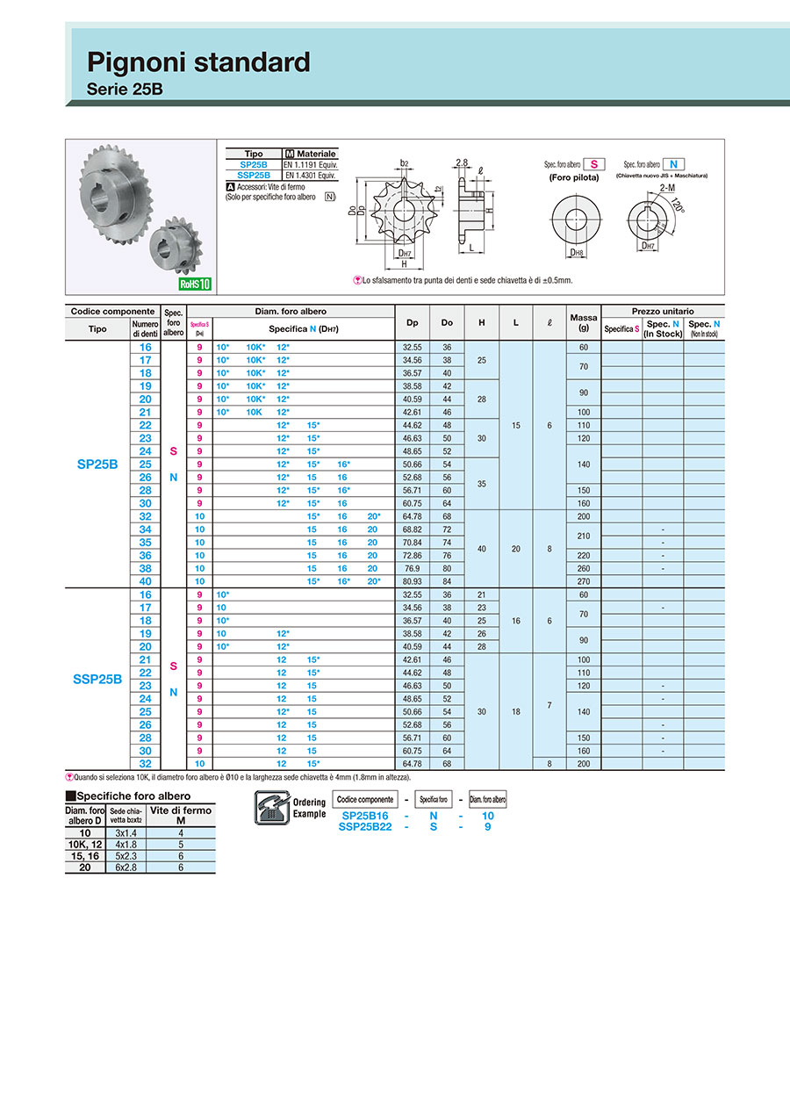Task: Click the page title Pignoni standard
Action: tap(198, 62)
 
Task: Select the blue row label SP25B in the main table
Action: tap(97, 464)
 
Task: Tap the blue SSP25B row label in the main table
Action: tap(97, 678)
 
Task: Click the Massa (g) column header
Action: tap(584, 323)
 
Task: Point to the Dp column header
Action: tap(413, 323)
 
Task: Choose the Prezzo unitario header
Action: tap(662, 311)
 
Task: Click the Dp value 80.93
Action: tap(413, 581)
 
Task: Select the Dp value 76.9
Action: tap(413, 568)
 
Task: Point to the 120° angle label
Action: tap(676, 205)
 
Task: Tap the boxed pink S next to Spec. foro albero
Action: tap(594, 164)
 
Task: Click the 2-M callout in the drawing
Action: tap(666, 188)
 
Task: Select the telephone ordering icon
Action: tap(269, 806)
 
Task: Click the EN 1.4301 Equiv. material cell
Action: tap(310, 176)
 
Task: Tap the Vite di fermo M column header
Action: tap(181, 815)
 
